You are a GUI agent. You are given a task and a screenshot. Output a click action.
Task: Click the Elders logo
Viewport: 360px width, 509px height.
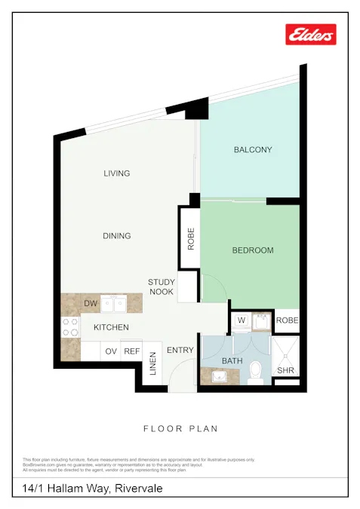click(311, 34)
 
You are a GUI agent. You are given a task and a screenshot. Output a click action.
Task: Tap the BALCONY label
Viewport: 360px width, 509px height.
click(252, 149)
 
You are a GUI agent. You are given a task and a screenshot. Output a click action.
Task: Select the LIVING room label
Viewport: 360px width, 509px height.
click(117, 173)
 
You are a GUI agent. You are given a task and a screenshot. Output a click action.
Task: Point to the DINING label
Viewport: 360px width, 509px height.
click(117, 236)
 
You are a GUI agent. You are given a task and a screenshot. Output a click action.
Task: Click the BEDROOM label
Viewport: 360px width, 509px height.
click(252, 250)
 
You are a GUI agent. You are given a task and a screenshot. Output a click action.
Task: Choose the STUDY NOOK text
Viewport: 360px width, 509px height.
click(162, 287)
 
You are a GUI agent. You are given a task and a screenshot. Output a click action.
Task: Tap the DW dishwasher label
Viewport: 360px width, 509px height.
click(91, 304)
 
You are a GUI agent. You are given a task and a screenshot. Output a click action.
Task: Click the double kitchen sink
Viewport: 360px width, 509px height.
click(114, 304)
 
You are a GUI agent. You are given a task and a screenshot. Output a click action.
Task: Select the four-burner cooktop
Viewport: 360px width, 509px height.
click(70, 327)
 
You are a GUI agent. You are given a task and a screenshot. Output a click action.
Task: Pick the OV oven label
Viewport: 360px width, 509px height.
click(111, 351)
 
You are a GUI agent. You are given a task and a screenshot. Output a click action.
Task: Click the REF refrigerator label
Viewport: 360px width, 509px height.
click(132, 351)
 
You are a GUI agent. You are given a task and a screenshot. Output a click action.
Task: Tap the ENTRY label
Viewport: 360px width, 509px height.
click(180, 350)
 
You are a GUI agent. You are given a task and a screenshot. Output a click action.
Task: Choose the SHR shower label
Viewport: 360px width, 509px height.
click(285, 370)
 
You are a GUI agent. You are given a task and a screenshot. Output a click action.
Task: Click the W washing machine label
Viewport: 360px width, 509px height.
click(242, 320)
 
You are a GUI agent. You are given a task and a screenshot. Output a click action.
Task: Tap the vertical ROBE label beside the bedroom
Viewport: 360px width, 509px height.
click(191, 239)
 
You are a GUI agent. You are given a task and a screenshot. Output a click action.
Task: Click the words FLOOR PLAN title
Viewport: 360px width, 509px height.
click(180, 429)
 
